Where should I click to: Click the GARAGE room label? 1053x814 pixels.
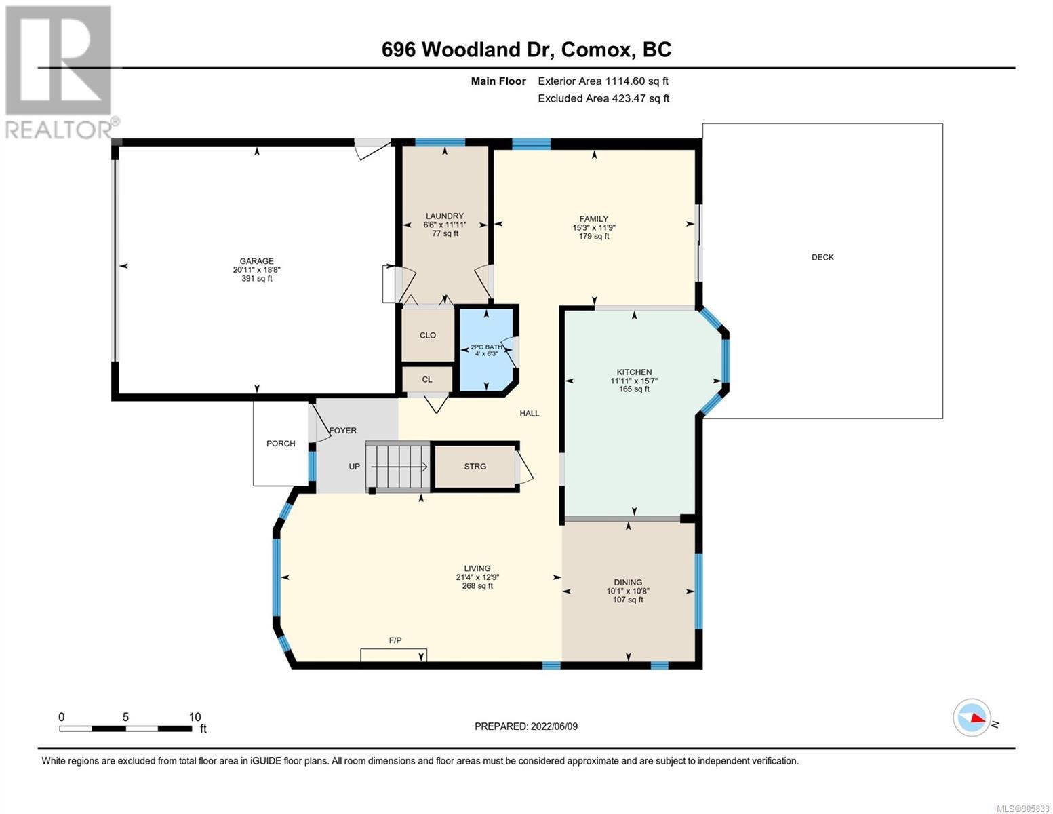[256, 261]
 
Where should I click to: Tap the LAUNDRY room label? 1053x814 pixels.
[444, 216]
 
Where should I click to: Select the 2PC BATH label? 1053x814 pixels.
[486, 347]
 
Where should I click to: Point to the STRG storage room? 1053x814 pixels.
[475, 467]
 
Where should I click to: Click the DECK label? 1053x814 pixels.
[822, 258]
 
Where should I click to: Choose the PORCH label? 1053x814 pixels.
[281, 444]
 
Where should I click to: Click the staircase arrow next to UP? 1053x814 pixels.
[399, 467]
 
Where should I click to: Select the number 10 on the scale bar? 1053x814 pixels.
[195, 717]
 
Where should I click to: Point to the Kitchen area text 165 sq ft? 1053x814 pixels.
[634, 389]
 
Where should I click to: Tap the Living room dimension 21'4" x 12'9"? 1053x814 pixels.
[477, 577]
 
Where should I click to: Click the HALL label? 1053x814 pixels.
[529, 414]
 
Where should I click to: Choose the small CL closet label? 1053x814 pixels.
[427, 380]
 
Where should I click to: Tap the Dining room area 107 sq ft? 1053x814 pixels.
[628, 600]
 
